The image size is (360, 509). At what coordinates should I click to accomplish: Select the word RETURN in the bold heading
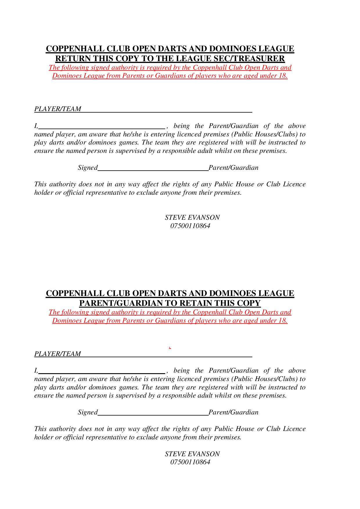click(73, 59)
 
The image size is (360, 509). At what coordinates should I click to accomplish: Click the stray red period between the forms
click(170, 347)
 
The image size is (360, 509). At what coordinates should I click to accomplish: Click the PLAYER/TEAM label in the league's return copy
click(57, 109)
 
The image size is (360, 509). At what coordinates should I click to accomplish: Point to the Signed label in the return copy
click(87, 168)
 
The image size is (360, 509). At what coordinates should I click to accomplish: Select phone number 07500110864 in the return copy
click(190, 226)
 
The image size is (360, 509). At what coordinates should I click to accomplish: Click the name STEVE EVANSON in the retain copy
click(192, 454)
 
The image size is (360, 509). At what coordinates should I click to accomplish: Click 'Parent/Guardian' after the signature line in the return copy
click(233, 168)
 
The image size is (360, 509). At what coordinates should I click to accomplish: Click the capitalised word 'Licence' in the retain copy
click(294, 429)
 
